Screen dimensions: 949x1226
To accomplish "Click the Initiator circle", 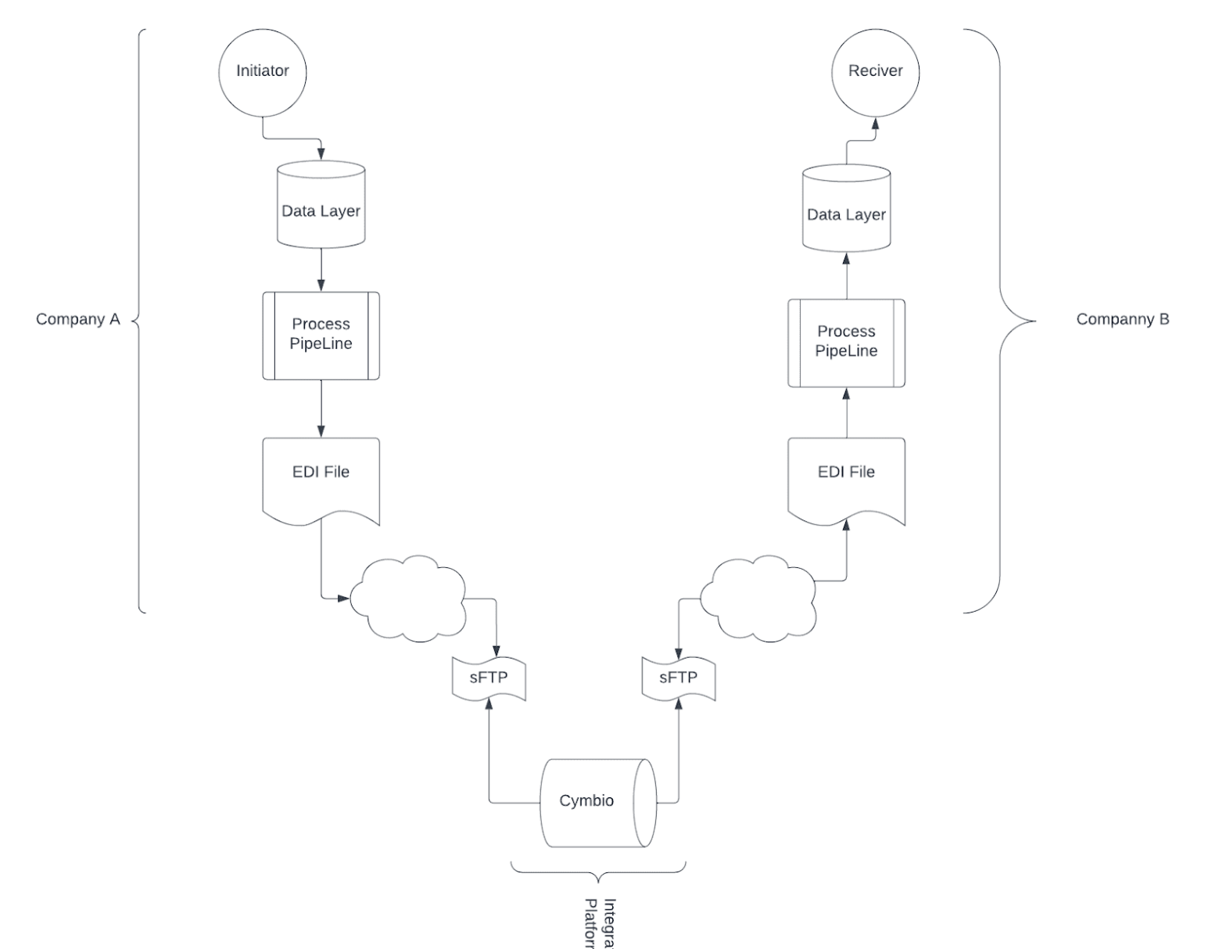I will [263, 71].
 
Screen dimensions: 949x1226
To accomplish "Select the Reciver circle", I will [875, 71].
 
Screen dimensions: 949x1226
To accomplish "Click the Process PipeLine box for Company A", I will [321, 335].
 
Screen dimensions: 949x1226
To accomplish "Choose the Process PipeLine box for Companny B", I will [846, 343].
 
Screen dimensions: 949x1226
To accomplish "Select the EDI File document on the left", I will [321, 478].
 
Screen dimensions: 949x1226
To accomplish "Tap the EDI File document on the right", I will [846, 478].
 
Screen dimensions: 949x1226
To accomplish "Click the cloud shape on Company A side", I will [407, 599].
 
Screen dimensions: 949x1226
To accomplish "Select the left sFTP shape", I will [489, 678].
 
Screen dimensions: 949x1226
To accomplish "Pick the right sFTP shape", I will [678, 678].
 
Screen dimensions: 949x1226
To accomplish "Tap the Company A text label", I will [78, 319].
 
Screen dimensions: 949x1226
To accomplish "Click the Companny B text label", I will [1123, 319].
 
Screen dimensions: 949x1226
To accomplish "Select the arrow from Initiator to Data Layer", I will [291, 139].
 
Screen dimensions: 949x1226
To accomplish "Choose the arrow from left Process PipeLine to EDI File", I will [321, 408].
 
